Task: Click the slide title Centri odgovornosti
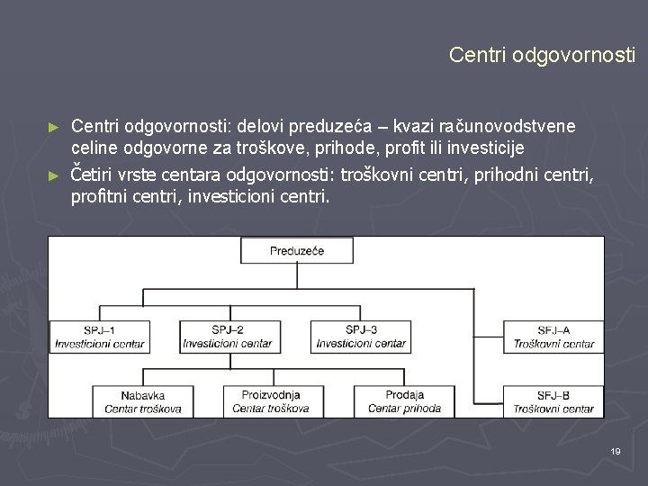click(542, 55)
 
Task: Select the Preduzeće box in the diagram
click(297, 251)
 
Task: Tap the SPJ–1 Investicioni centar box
click(99, 337)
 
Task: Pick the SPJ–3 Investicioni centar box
click(361, 337)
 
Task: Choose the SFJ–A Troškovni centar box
click(553, 337)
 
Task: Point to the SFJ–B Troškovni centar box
click(553, 401)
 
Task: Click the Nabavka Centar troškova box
click(143, 401)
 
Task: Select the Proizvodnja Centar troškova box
click(271, 401)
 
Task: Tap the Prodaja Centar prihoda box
click(404, 401)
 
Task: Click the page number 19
click(616, 451)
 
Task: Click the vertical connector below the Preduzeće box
click(297, 276)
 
